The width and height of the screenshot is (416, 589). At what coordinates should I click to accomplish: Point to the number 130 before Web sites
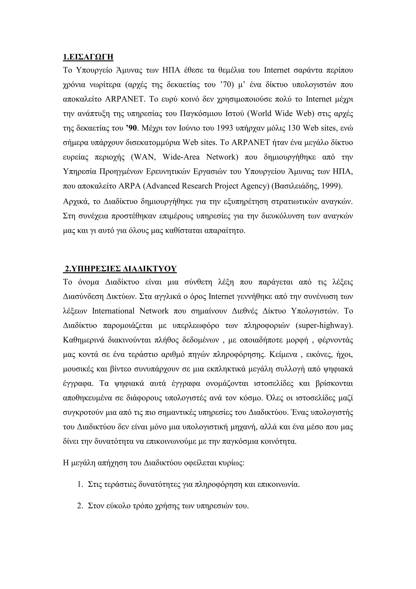[294, 128]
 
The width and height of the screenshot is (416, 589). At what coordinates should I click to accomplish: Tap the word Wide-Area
[181, 157]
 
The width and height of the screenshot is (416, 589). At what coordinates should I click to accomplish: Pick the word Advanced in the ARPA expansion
[162, 186]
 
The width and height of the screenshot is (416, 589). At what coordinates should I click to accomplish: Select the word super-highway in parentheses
[324, 326]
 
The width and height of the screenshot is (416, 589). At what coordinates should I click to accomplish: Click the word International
[113, 311]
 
